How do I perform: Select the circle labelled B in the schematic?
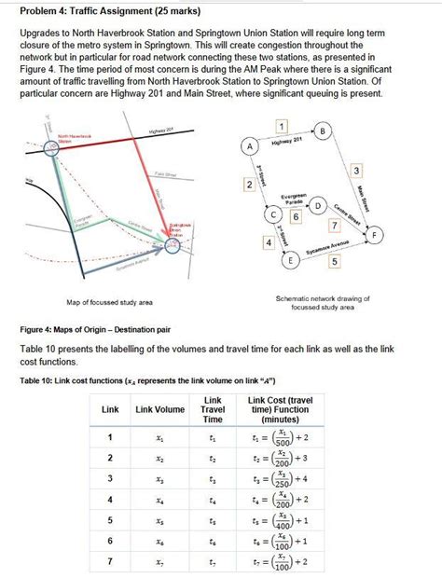[323, 131]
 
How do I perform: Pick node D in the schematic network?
[319, 205]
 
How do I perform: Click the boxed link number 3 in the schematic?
[355, 169]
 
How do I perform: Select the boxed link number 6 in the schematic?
[296, 217]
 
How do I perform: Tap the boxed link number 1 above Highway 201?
[281, 125]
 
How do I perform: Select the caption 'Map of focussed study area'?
[110, 303]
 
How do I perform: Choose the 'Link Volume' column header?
[160, 410]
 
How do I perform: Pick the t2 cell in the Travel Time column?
[213, 458]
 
